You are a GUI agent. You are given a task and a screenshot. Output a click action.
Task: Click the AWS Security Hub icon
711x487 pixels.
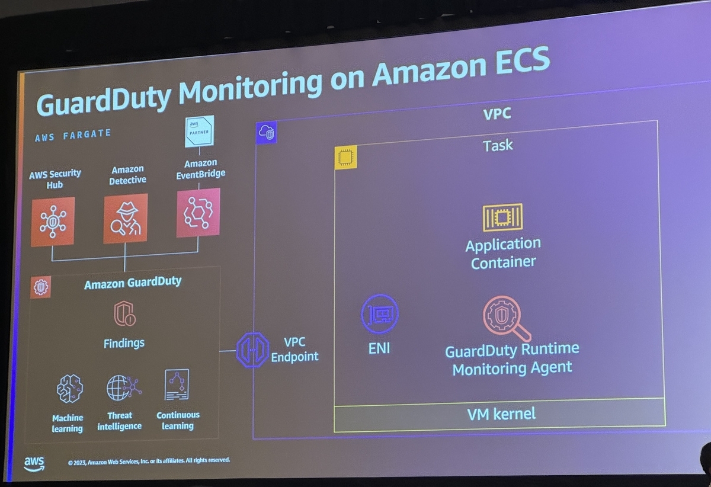[x=53, y=222]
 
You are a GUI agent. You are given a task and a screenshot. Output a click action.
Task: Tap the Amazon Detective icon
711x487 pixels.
[x=125, y=218]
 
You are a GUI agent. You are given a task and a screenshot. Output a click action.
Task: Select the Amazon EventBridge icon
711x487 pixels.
[x=198, y=213]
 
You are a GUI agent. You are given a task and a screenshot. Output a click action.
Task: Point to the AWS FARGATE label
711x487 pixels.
[x=73, y=135]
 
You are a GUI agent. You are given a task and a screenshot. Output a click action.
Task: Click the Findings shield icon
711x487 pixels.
[x=124, y=314]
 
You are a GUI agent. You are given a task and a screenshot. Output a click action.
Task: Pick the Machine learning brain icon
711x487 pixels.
[x=69, y=388]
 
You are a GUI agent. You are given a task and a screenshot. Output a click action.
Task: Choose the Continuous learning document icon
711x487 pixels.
[x=177, y=385]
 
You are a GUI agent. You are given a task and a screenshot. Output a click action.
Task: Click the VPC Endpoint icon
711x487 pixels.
[x=252, y=350]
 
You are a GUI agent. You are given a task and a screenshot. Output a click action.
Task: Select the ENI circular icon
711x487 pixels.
[x=379, y=313]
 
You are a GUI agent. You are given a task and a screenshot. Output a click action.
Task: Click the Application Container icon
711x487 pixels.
[x=502, y=218]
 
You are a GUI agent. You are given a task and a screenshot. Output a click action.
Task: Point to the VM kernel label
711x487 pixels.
[x=501, y=413]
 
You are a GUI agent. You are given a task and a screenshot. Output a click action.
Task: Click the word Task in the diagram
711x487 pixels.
[x=498, y=145]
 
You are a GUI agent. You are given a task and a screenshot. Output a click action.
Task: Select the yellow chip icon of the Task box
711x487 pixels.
[x=345, y=158]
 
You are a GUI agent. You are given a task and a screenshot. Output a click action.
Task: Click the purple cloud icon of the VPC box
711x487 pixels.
[x=267, y=132]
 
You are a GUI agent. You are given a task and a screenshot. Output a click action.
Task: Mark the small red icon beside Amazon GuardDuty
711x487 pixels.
[x=41, y=287]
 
